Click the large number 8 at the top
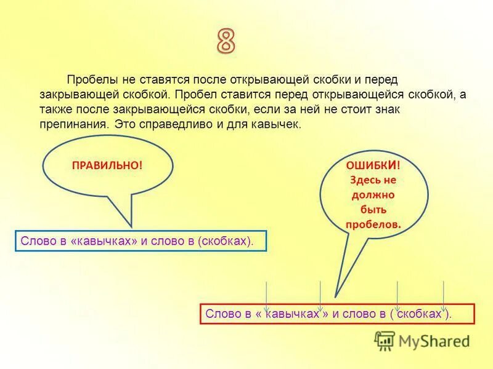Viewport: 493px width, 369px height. (226, 41)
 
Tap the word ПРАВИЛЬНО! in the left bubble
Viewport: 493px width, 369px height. (107, 166)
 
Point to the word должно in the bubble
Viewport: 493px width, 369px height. (373, 195)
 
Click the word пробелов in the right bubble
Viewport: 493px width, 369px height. (373, 224)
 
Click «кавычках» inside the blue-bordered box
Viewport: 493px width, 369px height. (105, 240)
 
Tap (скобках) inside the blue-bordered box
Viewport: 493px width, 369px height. (224, 240)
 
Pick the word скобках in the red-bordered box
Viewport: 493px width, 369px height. (420, 314)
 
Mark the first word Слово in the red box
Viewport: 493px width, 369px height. (221, 314)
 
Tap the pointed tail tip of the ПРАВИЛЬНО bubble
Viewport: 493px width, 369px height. (131, 226)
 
